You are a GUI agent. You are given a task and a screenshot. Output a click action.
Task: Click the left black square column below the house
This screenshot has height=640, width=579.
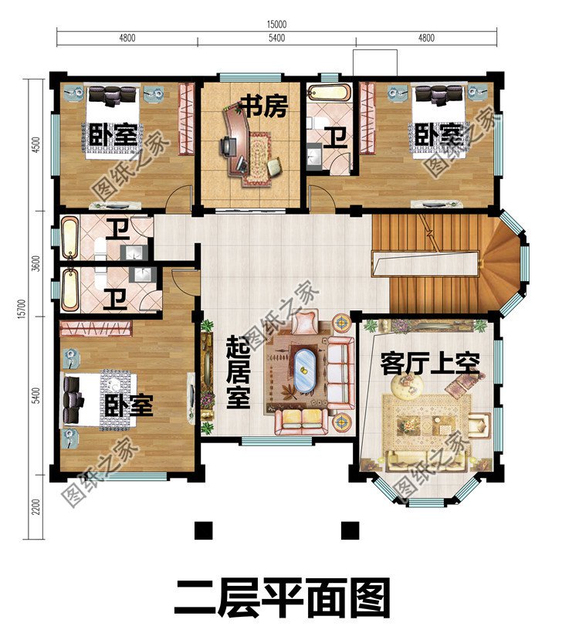[x=203, y=530]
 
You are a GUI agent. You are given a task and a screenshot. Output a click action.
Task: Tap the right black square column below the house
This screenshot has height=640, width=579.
[x=351, y=530]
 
